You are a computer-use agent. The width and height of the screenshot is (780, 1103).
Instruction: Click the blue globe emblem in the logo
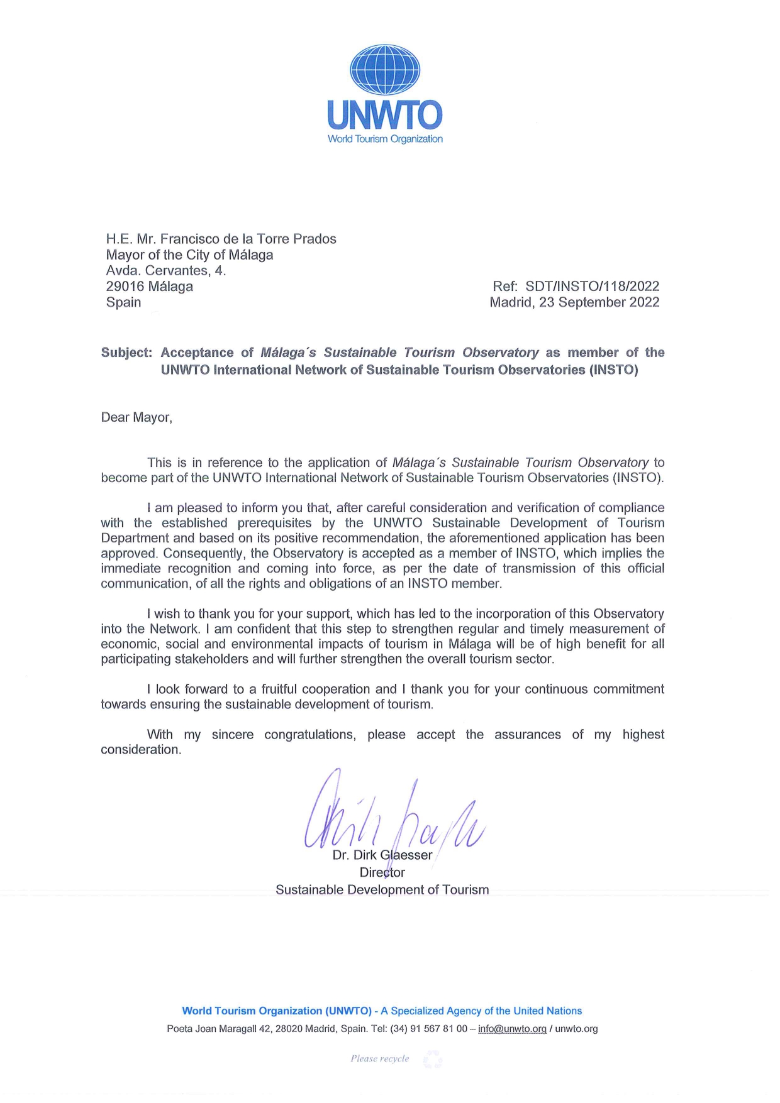click(x=385, y=70)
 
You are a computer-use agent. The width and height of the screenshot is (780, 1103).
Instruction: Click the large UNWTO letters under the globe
click(x=385, y=115)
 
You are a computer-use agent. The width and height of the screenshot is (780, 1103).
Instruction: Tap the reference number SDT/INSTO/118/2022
click(x=592, y=287)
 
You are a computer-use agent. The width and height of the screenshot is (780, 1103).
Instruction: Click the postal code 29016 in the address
click(x=125, y=287)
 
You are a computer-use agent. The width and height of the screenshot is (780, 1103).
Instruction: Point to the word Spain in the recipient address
click(x=123, y=302)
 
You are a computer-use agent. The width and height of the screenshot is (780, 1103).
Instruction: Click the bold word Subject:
click(x=126, y=353)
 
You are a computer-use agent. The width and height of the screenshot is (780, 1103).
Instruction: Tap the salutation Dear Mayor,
click(x=136, y=418)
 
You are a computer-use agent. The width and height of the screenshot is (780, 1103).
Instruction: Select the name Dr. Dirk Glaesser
click(x=382, y=855)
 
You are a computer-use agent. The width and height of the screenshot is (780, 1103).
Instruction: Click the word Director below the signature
click(x=382, y=872)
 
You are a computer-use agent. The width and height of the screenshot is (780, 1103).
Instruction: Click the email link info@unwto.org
click(x=512, y=1029)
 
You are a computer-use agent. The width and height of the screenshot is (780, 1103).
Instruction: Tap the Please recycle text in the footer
click(x=380, y=1059)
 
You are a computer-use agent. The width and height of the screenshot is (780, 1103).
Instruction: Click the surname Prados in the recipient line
click(x=315, y=239)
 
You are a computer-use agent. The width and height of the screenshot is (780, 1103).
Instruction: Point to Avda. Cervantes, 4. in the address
click(x=165, y=271)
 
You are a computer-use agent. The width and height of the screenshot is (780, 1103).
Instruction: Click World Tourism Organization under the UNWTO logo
click(x=385, y=139)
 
